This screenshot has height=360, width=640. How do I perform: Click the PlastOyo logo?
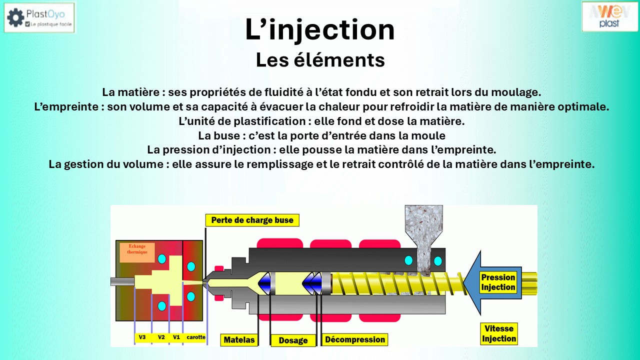pos(39,17)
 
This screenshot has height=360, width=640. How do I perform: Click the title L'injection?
pos(320,30)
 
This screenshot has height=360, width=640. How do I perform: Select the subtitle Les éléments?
pos(320,60)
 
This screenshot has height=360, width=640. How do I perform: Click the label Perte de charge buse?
pos(252,220)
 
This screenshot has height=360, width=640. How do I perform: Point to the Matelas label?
pos(239,340)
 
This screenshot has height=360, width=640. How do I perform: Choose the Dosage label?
pos(293,340)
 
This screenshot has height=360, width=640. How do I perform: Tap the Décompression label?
pos(354,340)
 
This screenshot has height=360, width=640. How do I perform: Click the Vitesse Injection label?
pos(498,333)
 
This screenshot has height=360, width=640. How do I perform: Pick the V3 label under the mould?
pos(142,337)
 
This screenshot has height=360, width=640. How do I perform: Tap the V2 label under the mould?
pos(161,337)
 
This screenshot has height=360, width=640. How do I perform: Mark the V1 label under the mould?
pos(176,337)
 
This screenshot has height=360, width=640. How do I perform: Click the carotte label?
pos(196,337)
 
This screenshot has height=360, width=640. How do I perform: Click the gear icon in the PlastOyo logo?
pos(15,17)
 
